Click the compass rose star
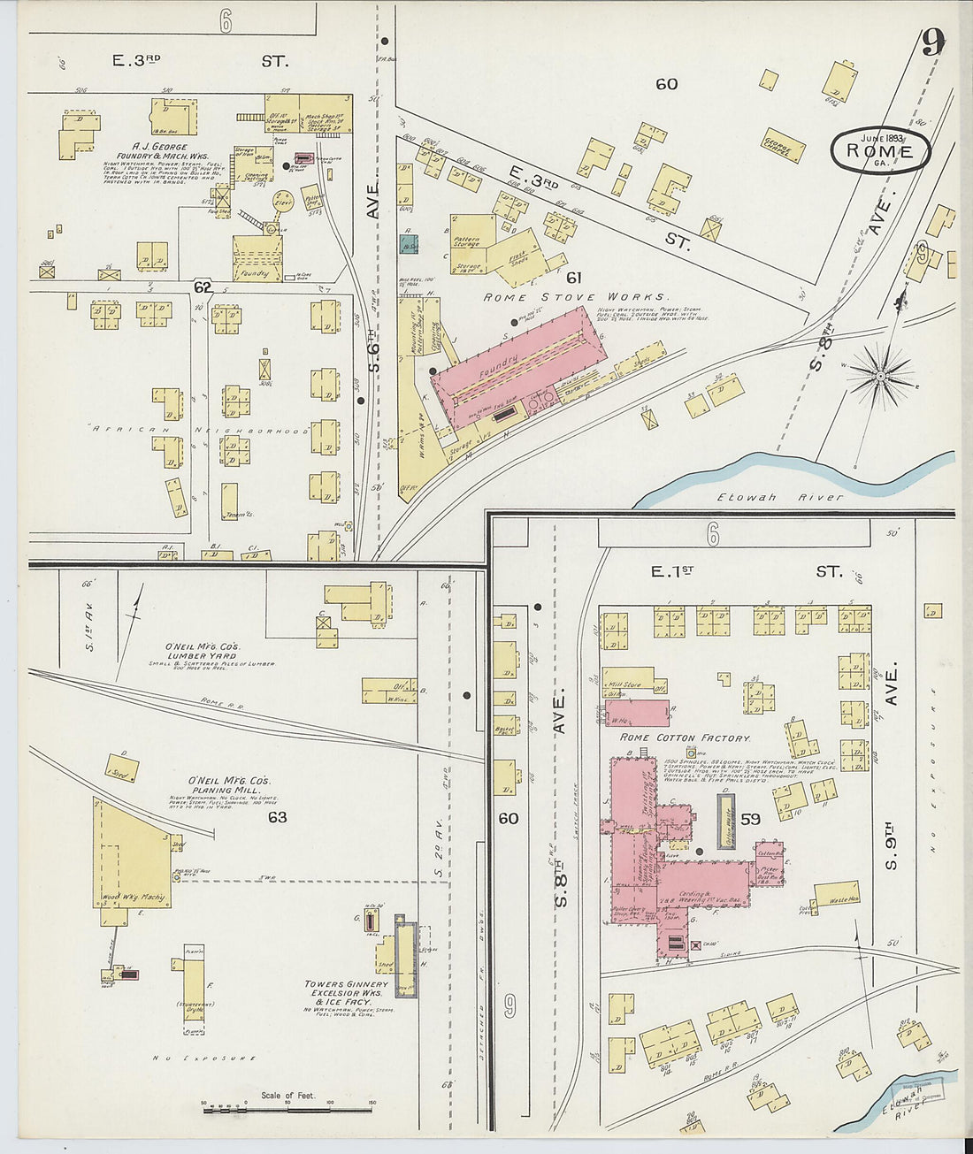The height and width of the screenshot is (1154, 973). point(880,375)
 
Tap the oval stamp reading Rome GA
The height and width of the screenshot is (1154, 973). point(880,151)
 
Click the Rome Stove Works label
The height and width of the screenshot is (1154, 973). point(575,297)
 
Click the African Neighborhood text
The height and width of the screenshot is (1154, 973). point(199,431)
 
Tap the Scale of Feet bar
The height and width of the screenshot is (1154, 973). point(287,1108)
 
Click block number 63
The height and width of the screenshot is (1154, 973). point(278,817)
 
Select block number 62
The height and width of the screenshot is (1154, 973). point(203,287)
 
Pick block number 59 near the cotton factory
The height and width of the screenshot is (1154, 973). point(750,820)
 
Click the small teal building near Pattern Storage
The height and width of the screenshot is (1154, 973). point(409,244)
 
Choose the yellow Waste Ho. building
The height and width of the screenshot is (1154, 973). point(837,894)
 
